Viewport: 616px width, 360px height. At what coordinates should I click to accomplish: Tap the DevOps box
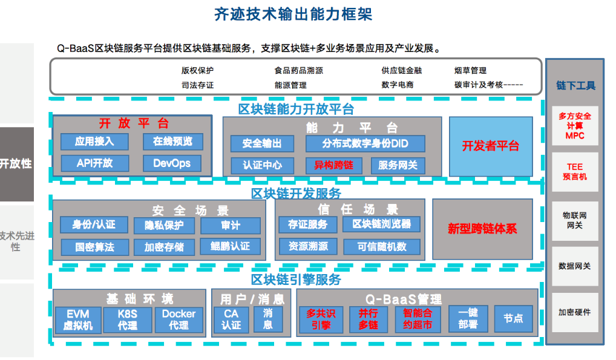point(172,163)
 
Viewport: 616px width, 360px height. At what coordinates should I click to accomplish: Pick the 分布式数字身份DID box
point(365,143)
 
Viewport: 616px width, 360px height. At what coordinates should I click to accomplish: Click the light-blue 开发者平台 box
point(491,146)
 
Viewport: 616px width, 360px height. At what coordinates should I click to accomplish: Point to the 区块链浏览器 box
point(381,224)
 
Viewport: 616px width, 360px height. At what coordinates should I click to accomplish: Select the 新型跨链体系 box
point(482,229)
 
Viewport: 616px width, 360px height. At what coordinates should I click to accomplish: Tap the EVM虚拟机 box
point(77,319)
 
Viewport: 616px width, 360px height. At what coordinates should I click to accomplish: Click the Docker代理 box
point(179,319)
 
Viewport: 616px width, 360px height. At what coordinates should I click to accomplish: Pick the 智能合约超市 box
point(418,319)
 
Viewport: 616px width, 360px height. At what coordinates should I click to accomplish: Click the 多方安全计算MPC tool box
point(575,126)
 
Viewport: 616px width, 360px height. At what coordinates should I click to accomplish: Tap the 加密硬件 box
point(575,312)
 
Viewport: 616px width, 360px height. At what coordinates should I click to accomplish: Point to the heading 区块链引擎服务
point(296,280)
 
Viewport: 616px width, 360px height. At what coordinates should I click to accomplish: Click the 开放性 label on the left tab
point(16,163)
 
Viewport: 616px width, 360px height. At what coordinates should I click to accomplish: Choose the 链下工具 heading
point(575,85)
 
